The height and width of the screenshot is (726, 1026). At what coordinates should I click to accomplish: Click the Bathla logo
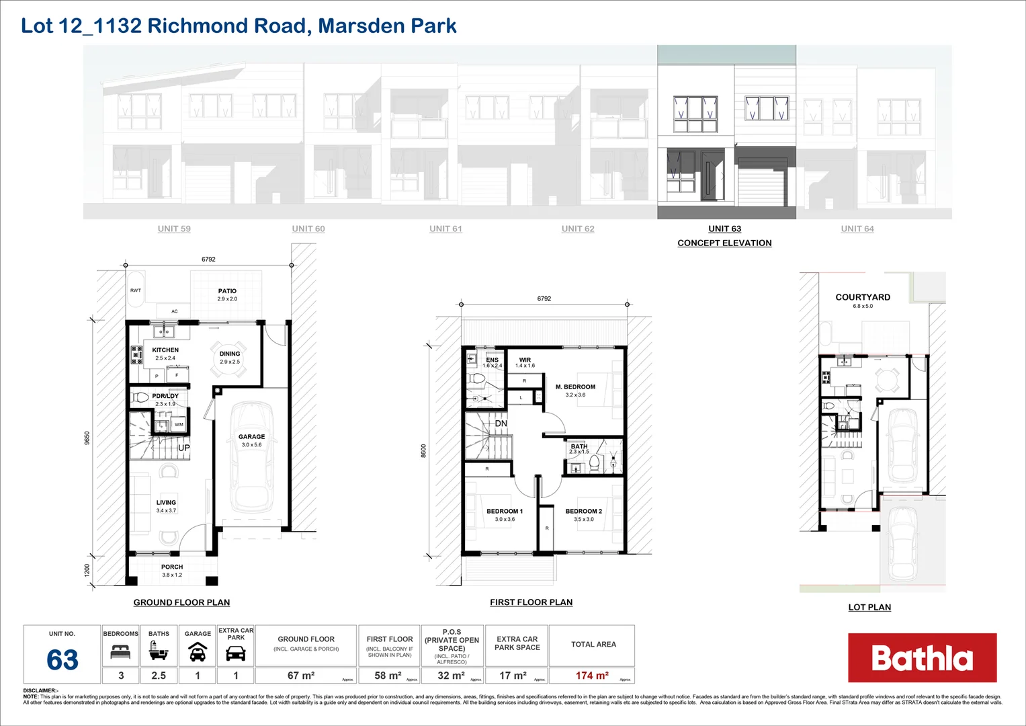[x=922, y=658]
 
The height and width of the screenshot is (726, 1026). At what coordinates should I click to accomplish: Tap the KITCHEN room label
[x=165, y=350]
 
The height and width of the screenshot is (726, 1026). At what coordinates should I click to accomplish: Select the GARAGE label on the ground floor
[x=251, y=437]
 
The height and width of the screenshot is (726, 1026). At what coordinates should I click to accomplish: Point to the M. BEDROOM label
[x=575, y=387]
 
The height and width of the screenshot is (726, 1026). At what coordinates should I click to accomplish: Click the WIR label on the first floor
[x=525, y=360]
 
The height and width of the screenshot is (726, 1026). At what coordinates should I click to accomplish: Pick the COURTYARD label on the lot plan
[x=863, y=297]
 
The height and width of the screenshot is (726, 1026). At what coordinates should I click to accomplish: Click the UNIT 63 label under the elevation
[x=724, y=229]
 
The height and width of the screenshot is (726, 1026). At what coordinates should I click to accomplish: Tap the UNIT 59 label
[x=174, y=229]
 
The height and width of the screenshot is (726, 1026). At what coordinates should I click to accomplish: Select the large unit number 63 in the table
[x=62, y=660]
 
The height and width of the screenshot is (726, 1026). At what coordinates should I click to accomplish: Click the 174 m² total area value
[x=592, y=676]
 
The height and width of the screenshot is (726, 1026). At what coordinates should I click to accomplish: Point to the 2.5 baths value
[x=159, y=676]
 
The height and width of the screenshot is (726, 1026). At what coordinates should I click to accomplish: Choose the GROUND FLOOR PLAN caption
[x=181, y=602]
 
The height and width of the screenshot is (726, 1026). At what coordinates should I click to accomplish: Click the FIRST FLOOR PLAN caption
[x=531, y=602]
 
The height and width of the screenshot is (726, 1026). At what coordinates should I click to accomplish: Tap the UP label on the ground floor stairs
[x=183, y=448]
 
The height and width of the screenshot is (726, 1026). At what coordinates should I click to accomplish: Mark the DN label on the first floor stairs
[x=501, y=424]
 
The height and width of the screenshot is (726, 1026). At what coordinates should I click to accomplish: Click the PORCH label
[x=172, y=567]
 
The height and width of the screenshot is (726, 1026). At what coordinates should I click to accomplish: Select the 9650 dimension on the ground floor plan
[x=87, y=438]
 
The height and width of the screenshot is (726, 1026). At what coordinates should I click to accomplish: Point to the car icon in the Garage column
[x=198, y=651]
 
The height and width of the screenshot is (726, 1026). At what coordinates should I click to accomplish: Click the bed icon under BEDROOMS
[x=120, y=651]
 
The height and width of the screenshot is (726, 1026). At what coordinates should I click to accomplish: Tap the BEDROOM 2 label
[x=583, y=512]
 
